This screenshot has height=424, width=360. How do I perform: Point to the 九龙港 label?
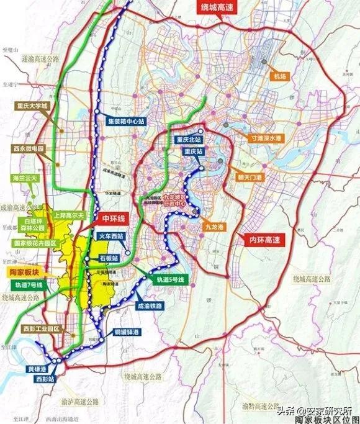(213, 227)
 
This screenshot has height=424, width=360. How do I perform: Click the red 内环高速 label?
(261, 237)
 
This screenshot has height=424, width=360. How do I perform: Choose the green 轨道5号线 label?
(169, 280)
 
